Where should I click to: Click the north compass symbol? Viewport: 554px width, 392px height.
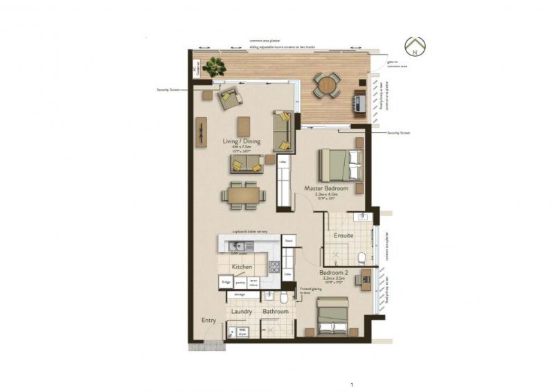tap(415, 46)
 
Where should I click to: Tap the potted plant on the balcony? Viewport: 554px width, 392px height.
tap(215, 66)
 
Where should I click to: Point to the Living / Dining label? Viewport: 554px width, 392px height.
tap(242, 141)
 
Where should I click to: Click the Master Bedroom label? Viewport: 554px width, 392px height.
tap(326, 188)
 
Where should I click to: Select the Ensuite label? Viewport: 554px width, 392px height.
tap(343, 235)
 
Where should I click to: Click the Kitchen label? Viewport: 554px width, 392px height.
tap(242, 266)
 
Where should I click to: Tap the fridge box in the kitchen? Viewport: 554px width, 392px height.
tap(226, 282)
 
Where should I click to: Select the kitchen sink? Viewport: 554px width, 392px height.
tap(238, 245)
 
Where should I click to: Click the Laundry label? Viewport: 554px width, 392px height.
tap(241, 312)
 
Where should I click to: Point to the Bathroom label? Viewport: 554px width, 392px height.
tap(275, 312)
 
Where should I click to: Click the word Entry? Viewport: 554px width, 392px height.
tap(208, 321)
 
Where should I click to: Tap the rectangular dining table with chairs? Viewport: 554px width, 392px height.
tap(242, 195)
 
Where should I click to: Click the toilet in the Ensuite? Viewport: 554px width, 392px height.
tap(361, 258)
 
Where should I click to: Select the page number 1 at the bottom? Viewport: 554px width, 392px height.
tap(352, 384)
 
